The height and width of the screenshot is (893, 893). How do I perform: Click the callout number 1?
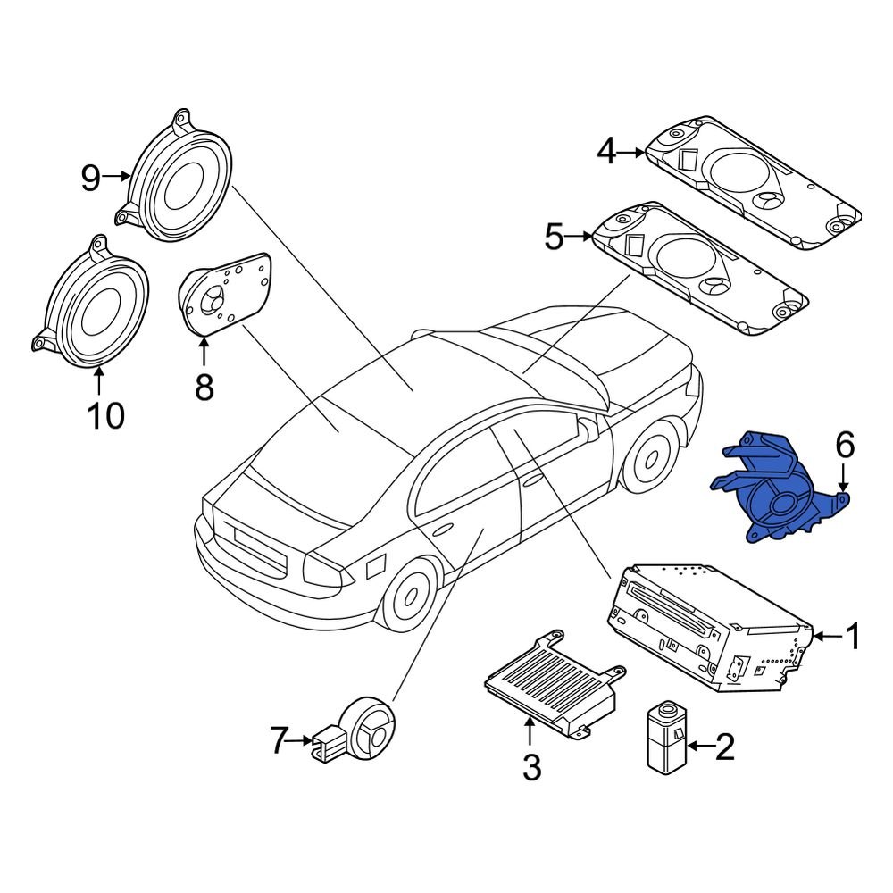[x=852, y=637]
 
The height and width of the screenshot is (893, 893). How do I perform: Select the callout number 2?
[x=723, y=746]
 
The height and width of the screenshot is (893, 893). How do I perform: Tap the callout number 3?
[x=531, y=766]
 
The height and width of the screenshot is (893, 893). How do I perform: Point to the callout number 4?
[x=607, y=153]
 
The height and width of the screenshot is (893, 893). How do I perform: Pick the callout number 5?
[x=555, y=238]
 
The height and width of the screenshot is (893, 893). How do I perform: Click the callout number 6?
[x=845, y=443]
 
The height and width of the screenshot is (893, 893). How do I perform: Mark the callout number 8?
[x=204, y=387]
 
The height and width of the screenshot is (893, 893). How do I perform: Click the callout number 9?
[x=91, y=178]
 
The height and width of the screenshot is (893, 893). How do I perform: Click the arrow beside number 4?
[x=632, y=153]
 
